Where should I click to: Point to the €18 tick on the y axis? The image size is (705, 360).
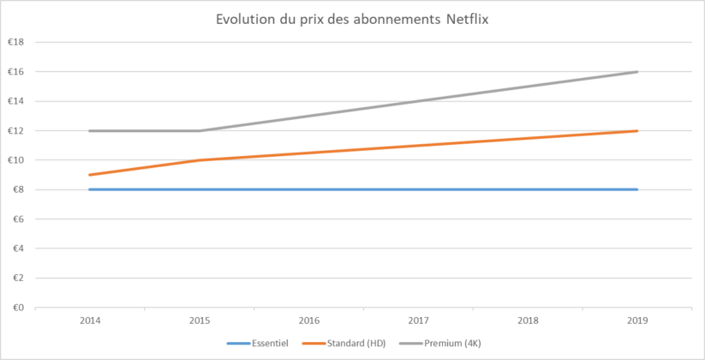(16, 42)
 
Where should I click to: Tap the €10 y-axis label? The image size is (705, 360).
(16, 160)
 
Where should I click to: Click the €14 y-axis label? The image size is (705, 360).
(16, 101)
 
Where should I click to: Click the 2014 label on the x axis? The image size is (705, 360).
(90, 320)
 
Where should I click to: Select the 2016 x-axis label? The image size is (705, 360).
(309, 320)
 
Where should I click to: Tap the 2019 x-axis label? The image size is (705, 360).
(638, 320)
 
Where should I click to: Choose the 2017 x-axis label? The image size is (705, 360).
(419, 320)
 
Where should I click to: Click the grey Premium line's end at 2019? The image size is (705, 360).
(637, 72)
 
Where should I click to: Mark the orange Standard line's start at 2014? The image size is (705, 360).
(90, 175)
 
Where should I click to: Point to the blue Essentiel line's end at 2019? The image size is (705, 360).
(637, 189)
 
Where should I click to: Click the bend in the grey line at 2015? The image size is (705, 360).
(200, 131)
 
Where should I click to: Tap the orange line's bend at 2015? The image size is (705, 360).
(200, 160)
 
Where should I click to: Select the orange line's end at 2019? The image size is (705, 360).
(637, 131)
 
